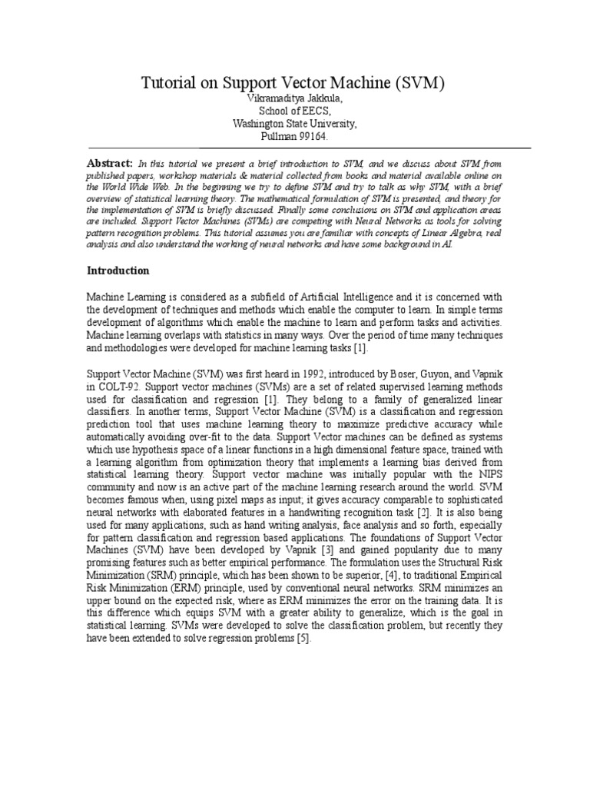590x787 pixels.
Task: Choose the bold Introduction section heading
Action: pos(118,271)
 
